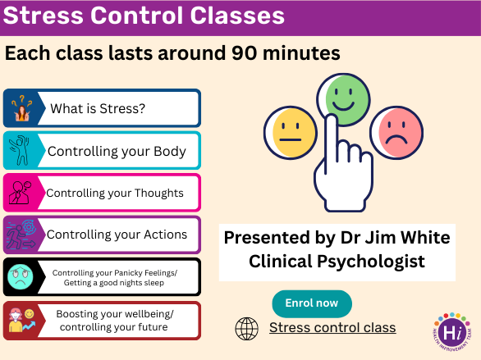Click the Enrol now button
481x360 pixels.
point(312,303)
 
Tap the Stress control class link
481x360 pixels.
point(332,327)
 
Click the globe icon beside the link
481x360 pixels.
point(246,329)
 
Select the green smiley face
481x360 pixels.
point(344,99)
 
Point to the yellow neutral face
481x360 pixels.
point(291,133)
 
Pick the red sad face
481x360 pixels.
point(396,133)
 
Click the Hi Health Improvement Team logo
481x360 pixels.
point(452,331)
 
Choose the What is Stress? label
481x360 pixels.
point(98,108)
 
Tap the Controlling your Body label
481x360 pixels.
point(117,152)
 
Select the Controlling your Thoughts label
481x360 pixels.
point(115,193)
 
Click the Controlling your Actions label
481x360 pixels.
point(117,235)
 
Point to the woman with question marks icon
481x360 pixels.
point(21,108)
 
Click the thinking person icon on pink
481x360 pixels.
point(21,193)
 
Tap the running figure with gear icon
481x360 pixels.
point(21,235)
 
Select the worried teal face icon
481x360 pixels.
point(21,277)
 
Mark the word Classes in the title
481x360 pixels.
point(237,16)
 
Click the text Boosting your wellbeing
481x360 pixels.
point(115,314)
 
